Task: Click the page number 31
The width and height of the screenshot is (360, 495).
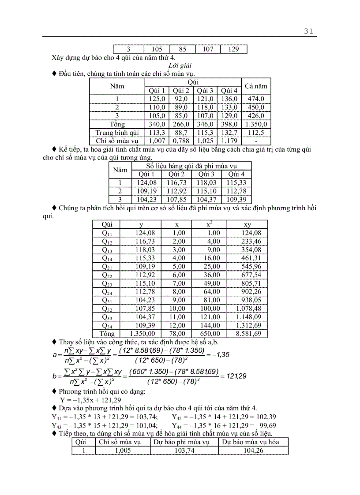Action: point(308,31)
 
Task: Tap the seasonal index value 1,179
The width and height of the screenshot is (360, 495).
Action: point(229,141)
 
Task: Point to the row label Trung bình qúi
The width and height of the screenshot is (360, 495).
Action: point(117,133)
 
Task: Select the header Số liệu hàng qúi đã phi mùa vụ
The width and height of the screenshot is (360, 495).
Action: point(191,166)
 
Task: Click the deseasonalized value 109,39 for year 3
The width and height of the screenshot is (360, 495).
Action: point(238,199)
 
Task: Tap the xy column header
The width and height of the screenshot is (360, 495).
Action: point(247,224)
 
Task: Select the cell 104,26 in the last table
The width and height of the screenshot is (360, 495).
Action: point(253,450)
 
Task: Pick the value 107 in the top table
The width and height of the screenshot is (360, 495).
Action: point(208,49)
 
